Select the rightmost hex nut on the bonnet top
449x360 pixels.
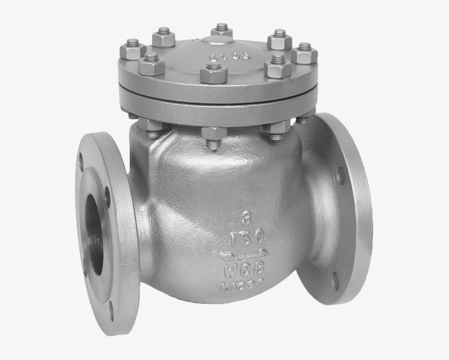(x=304, y=53)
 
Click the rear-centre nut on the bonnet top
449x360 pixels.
(x=222, y=30)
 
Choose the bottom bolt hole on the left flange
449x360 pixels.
(x=112, y=312)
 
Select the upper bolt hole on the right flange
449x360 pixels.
(x=340, y=176)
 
